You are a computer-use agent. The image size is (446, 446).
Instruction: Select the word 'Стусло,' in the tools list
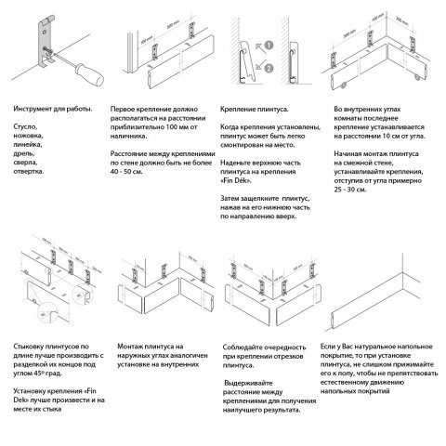tap(28, 125)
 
